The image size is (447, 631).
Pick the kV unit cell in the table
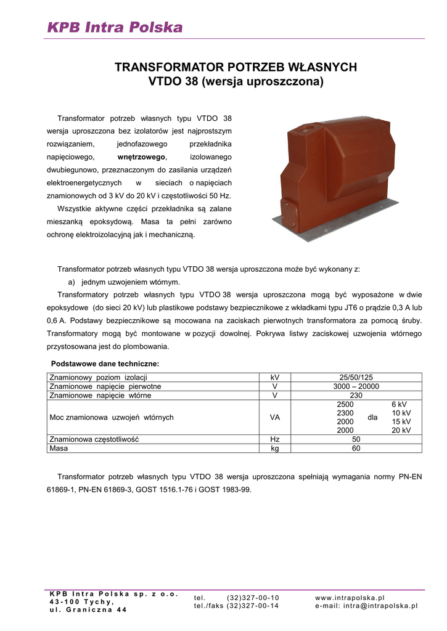point(275,377)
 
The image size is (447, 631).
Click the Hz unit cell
point(275,439)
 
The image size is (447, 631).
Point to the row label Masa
point(59,449)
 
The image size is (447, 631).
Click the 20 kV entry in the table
point(401,431)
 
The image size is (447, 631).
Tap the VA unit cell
point(275,417)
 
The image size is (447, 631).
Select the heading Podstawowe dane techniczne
point(105,364)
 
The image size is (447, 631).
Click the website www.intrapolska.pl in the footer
point(350,598)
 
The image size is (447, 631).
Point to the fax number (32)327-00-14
point(253,606)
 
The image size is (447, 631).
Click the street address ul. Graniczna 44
point(88,610)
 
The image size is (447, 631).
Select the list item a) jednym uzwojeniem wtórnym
point(124,282)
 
